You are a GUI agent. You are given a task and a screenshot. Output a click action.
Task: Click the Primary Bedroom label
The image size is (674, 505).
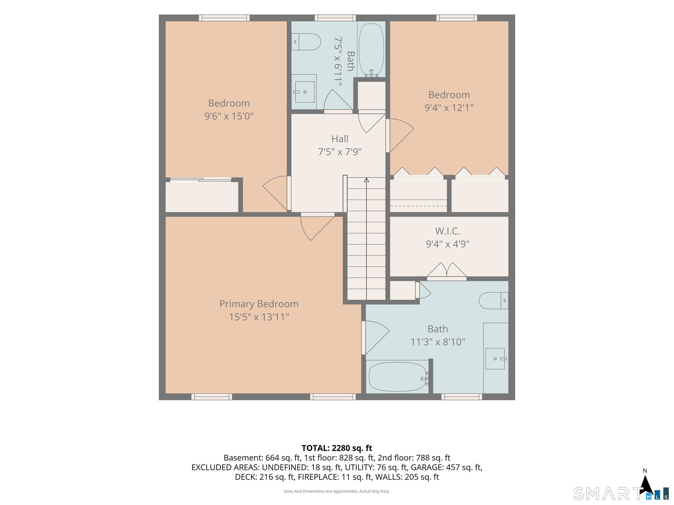coord(259,304)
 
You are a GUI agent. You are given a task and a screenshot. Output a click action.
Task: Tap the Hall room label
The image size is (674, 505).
coord(340,139)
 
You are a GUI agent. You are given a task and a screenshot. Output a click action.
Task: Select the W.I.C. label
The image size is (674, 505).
coord(447,231)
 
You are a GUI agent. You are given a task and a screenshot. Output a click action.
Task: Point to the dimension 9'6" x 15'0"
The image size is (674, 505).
coord(229,116)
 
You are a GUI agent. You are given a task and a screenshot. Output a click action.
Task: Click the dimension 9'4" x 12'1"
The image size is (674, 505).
coord(449,107)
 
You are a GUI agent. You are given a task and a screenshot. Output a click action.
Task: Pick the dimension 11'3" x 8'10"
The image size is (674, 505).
coord(438,342)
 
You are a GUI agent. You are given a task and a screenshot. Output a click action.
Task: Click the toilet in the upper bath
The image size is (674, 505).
coord(306,42)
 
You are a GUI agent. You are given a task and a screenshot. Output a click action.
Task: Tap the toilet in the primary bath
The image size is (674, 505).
coord(494,301)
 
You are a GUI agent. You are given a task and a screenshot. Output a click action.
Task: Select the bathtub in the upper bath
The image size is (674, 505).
coord(371,50)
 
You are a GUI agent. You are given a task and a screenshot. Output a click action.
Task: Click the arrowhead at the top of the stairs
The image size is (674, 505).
coord(366,180)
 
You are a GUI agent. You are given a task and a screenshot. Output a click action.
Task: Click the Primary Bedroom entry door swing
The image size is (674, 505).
coord(317,227)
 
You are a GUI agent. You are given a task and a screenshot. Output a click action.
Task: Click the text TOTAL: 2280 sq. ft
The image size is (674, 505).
coord(337,448)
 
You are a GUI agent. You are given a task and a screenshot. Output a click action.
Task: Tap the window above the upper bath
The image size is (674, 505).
coord(335,18)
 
